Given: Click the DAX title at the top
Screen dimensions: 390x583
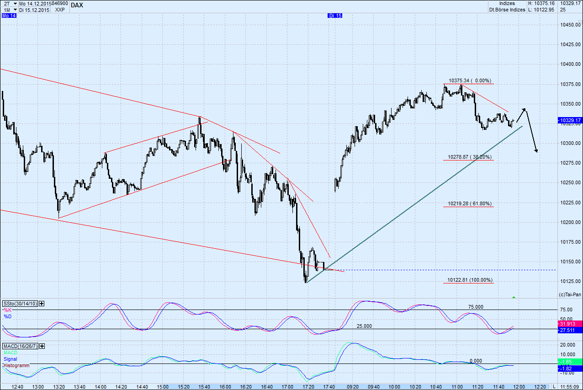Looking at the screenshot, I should pyautogui.click(x=77, y=5).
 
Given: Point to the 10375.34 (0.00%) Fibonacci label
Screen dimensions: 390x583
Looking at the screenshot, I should pyautogui.click(x=470, y=80).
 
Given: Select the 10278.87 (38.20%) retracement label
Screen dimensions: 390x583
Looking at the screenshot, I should pyautogui.click(x=470, y=157).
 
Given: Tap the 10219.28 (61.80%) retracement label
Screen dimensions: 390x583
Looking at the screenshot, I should pyautogui.click(x=470, y=203).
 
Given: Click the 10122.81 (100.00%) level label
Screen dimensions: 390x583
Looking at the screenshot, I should pyautogui.click(x=470, y=280).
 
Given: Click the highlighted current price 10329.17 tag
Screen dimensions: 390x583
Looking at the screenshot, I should pyautogui.click(x=569, y=121).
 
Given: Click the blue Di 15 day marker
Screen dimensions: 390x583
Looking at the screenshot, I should pyautogui.click(x=334, y=16).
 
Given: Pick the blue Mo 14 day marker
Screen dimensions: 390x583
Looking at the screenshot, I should pyautogui.click(x=9, y=16).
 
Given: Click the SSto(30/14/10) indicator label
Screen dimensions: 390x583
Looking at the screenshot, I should pyautogui.click(x=21, y=304).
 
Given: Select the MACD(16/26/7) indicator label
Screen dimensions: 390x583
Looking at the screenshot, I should pyautogui.click(x=21, y=347).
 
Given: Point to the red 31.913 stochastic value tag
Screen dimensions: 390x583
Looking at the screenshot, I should pyautogui.click(x=569, y=324).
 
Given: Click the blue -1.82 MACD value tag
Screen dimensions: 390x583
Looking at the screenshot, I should pyautogui.click(x=569, y=368).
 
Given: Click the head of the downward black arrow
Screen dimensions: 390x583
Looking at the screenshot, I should pyautogui.click(x=536, y=151).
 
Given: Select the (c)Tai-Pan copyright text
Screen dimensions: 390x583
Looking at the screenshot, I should pyautogui.click(x=570, y=294).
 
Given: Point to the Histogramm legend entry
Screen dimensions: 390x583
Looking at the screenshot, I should pyautogui.click(x=17, y=366).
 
